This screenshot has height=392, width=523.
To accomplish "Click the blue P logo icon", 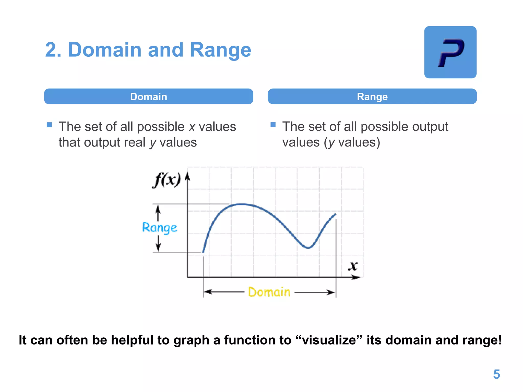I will tap(450, 52).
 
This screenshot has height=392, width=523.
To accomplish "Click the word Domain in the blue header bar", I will tap(148, 97).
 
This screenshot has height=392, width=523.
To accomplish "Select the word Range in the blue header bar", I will tap(372, 97).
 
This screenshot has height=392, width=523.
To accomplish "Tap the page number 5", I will tap(496, 374).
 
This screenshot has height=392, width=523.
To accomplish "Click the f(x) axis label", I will tap(167, 180).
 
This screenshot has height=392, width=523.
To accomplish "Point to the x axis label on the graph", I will tap(353, 266).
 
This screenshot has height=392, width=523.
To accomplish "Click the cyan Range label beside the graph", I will tap(159, 228).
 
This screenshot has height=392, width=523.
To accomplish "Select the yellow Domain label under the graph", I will tap(269, 292).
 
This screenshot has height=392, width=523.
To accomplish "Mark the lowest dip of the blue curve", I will tap(308, 248).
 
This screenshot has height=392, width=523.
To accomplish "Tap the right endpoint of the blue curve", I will tap(335, 214).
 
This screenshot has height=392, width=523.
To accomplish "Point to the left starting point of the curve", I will tap(203, 252).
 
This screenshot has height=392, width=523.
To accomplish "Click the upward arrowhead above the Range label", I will tap(158, 209).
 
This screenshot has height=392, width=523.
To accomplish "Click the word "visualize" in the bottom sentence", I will tap(329, 340).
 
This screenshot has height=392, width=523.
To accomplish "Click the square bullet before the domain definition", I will tap(50, 125).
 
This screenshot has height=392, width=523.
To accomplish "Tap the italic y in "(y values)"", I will tap(331, 143).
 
